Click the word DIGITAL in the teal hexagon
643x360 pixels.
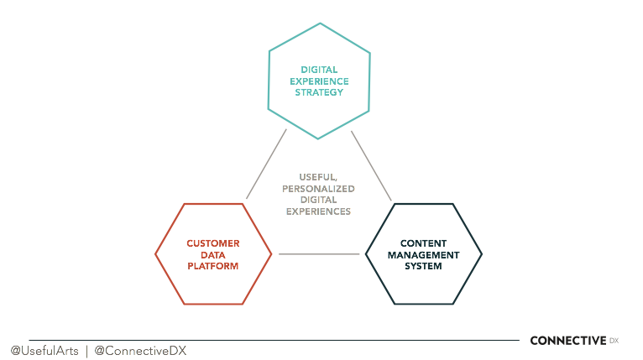pyautogui.click(x=319, y=69)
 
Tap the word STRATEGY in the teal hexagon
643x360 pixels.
pyautogui.click(x=319, y=92)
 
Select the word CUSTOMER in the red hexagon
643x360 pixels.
pyautogui.click(x=213, y=243)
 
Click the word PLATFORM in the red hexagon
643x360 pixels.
pyautogui.click(x=213, y=266)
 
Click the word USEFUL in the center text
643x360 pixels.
pyautogui.click(x=319, y=177)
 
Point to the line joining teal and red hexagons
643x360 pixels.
pyautogui.click(x=266, y=164)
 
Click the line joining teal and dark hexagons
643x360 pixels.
pyautogui.click(x=371, y=165)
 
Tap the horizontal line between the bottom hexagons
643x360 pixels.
pyautogui.click(x=318, y=253)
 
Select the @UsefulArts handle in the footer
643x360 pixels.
pyautogui.click(x=44, y=350)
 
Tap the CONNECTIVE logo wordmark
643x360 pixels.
pyautogui.click(x=567, y=340)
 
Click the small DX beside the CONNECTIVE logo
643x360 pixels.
pyautogui.click(x=614, y=340)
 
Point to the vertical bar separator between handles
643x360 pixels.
pyautogui.click(x=86, y=350)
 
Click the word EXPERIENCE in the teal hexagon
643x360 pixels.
pyautogui.click(x=319, y=81)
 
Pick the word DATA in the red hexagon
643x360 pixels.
pyautogui.click(x=213, y=254)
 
